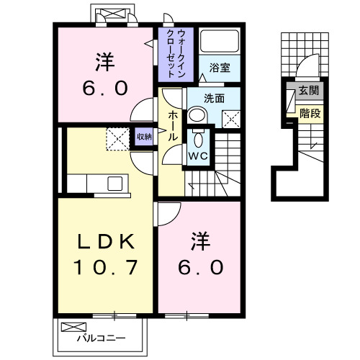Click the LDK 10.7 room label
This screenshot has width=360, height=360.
pyautogui.click(x=104, y=255)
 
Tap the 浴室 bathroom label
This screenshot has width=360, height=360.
pyautogui.click(x=220, y=67)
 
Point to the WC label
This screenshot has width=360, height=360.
pyautogui.click(x=198, y=155)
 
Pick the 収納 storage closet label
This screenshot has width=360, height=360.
pyautogui.click(x=143, y=135)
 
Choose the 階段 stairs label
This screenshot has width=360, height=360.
pyautogui.click(x=310, y=113)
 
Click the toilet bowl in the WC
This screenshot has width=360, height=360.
pyautogui.click(x=199, y=135)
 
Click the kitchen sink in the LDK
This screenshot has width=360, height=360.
pyautogui.click(x=115, y=184)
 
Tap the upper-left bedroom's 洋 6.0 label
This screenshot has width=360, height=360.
pyautogui.click(x=104, y=76)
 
